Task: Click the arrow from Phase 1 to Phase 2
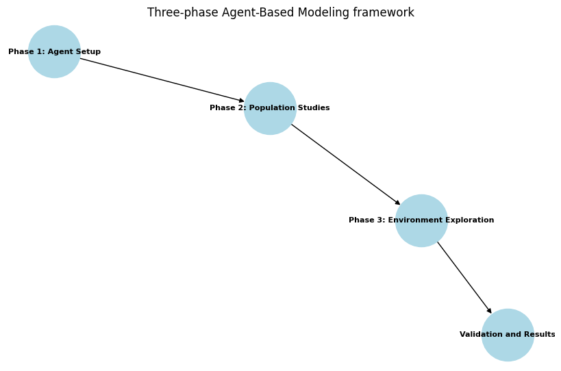(x=162, y=79)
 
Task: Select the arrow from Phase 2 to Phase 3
(x=345, y=164)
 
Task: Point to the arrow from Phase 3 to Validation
(x=464, y=277)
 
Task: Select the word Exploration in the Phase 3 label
(x=469, y=220)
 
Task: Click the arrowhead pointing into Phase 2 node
(x=241, y=101)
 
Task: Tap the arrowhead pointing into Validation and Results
(x=489, y=311)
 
